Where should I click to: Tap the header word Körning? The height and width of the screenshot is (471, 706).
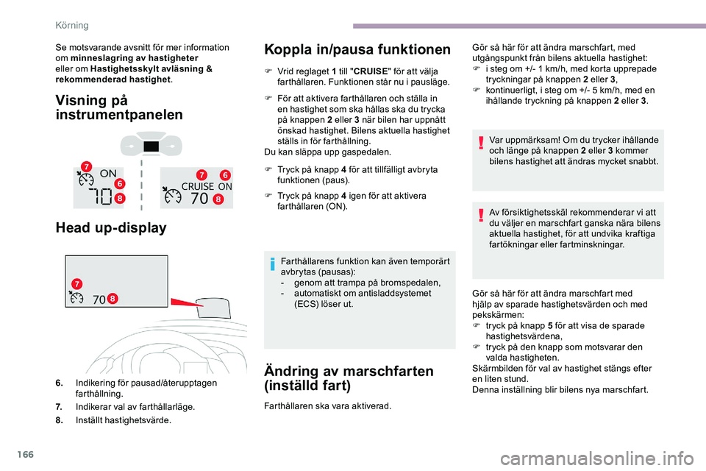(x=72, y=25)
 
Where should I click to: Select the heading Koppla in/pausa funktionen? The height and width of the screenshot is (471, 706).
(x=357, y=50)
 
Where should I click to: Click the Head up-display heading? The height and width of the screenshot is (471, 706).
(x=111, y=228)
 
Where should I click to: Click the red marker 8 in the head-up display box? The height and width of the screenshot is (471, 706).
(x=113, y=298)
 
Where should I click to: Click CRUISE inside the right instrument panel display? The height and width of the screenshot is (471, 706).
(x=196, y=185)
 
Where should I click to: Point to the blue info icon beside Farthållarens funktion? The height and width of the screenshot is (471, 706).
(x=272, y=261)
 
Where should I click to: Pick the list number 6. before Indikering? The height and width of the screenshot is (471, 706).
(x=58, y=383)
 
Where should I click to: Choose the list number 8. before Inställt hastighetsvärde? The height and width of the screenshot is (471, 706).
(x=58, y=420)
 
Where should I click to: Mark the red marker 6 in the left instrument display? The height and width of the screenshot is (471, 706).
(x=118, y=183)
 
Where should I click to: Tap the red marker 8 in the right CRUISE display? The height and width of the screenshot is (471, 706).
(x=218, y=199)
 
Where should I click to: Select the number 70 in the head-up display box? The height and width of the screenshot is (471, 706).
(x=100, y=300)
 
